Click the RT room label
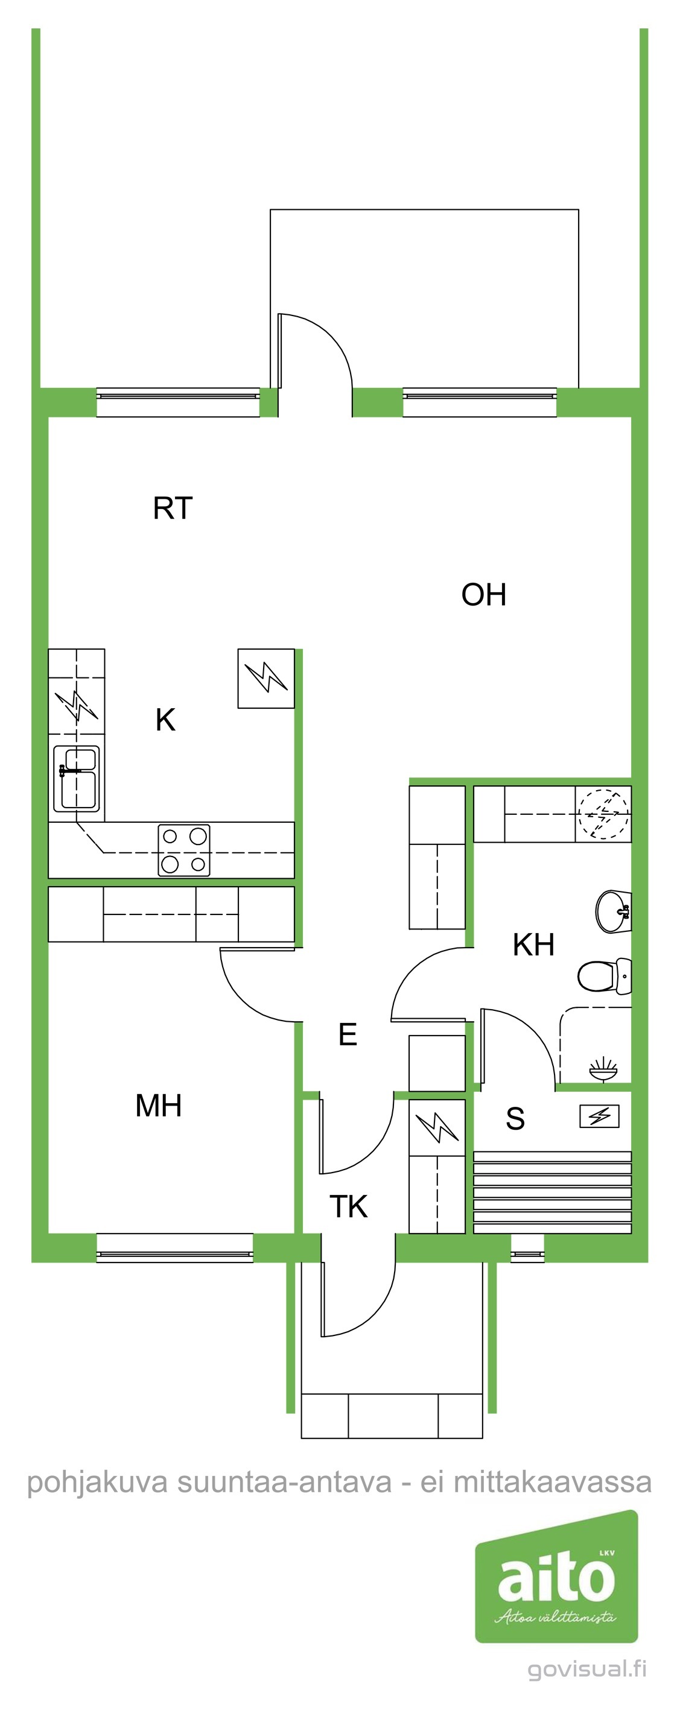(x=173, y=508)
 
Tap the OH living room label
(x=484, y=595)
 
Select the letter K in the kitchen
(x=165, y=720)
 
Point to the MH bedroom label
(x=159, y=1105)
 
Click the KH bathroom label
(x=533, y=945)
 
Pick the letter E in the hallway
(x=348, y=1034)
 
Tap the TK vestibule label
(x=349, y=1206)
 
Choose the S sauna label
(x=515, y=1118)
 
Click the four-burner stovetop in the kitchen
(x=184, y=850)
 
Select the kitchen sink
(x=77, y=779)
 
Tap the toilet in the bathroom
(x=605, y=976)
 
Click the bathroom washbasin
(x=614, y=911)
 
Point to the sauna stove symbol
(x=600, y=1116)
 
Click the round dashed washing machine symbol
(x=603, y=814)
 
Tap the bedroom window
(x=174, y=1248)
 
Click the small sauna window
(x=527, y=1248)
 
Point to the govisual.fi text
(x=588, y=1669)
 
